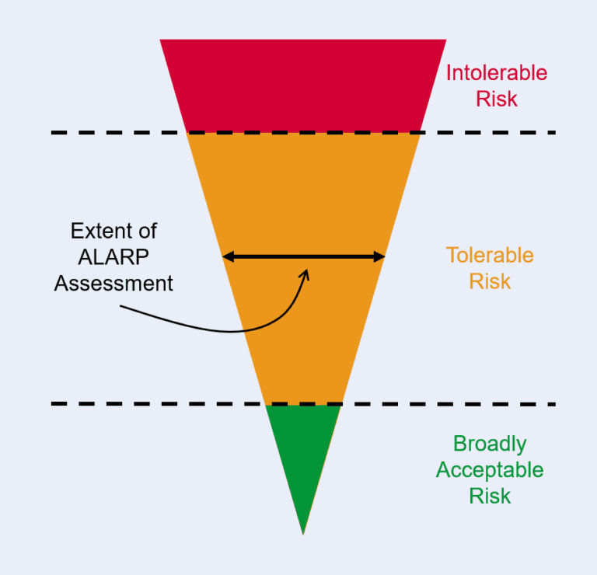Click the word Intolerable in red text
pyautogui.click(x=496, y=74)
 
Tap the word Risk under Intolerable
pyautogui.click(x=496, y=99)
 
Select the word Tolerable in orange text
pyautogui.click(x=490, y=255)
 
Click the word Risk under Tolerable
pyautogui.click(x=490, y=281)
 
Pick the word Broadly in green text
pyautogui.click(x=490, y=444)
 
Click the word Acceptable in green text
pyautogui.click(x=490, y=470)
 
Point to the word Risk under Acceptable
pyautogui.click(x=490, y=496)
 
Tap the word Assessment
pyautogui.click(x=113, y=283)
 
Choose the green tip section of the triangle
pyautogui.click(x=303, y=451)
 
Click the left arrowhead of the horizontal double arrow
pyautogui.click(x=228, y=256)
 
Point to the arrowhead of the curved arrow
pyautogui.click(x=305, y=273)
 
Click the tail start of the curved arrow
pyautogui.click(x=122, y=307)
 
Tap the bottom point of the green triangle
pyautogui.click(x=303, y=533)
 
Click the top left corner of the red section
pyautogui.click(x=161, y=40)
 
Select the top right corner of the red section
pyautogui.click(x=445, y=40)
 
